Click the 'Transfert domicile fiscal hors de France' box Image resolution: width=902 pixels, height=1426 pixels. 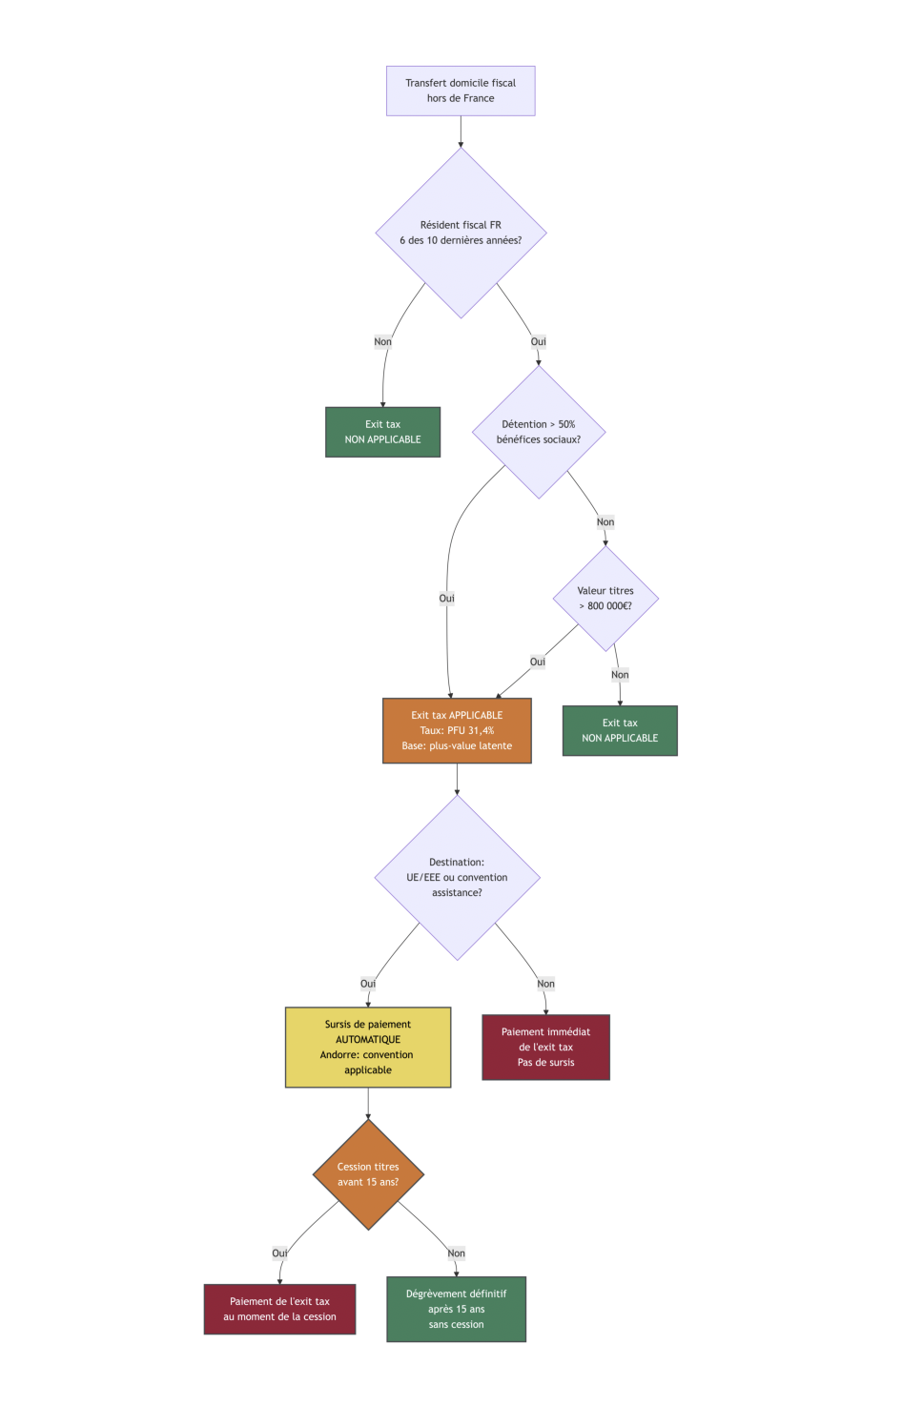click(x=461, y=91)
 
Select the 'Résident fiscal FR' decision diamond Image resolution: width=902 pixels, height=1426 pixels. click(x=461, y=233)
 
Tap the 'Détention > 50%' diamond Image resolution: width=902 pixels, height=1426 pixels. click(x=539, y=432)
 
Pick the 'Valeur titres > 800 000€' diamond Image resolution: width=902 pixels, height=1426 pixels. click(x=605, y=599)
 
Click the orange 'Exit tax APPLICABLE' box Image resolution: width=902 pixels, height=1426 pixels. click(x=457, y=730)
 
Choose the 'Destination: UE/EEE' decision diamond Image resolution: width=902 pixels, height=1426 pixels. click(x=457, y=877)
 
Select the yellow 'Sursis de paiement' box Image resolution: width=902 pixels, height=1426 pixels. click(x=368, y=1047)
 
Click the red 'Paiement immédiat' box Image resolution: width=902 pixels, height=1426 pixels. click(x=545, y=1047)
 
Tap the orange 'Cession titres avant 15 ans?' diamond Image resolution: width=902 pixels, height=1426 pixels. click(x=368, y=1174)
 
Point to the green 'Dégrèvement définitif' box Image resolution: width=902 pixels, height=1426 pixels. click(x=456, y=1309)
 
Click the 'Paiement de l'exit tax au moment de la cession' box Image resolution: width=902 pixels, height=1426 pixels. click(x=279, y=1309)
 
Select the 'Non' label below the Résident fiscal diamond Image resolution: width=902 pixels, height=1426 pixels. click(x=382, y=341)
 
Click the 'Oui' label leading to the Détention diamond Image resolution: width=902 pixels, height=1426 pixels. click(x=539, y=341)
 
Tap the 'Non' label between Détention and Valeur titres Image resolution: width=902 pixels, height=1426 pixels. click(x=605, y=521)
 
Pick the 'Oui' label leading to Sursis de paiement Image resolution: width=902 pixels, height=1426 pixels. click(x=368, y=984)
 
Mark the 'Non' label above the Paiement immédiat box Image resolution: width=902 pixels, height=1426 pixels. click(x=545, y=984)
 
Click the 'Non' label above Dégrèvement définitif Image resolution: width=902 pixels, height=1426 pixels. click(x=457, y=1253)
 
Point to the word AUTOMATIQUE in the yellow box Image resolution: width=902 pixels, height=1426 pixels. click(x=368, y=1040)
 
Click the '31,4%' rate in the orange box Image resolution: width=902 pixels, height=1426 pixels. click(x=482, y=730)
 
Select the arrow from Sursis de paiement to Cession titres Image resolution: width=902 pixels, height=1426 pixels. click(x=368, y=1103)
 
